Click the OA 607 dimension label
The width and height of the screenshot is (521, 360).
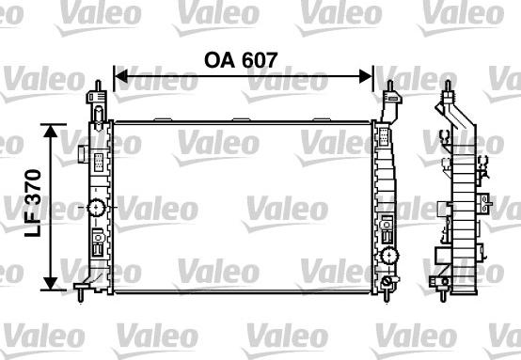(241, 60)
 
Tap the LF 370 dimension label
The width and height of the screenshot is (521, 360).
(33, 203)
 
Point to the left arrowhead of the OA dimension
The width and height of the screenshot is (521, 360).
(120, 76)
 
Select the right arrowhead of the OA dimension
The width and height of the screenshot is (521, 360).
(366, 76)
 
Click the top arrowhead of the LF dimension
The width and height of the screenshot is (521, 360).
(51, 131)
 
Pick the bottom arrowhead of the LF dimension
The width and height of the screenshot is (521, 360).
(51, 283)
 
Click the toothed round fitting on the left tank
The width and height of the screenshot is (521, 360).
(96, 208)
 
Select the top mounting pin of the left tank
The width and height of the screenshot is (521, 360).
(98, 86)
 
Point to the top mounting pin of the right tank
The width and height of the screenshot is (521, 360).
(390, 86)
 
